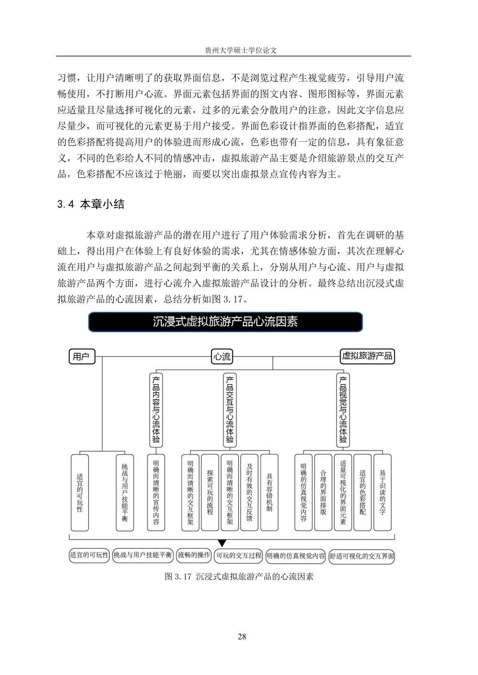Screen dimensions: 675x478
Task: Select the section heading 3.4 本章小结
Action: point(91,204)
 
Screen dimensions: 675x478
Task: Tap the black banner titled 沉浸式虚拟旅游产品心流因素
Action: point(225,322)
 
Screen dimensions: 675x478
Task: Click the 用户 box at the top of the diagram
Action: point(82,357)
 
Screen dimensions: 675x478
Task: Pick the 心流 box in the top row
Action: point(222,357)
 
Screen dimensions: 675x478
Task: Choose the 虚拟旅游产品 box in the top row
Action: point(367,356)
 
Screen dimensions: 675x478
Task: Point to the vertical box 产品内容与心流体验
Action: point(156,409)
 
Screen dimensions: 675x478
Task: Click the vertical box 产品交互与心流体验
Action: point(230,409)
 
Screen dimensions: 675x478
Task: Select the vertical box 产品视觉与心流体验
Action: point(343,409)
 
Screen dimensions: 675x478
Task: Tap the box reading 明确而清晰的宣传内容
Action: point(156,492)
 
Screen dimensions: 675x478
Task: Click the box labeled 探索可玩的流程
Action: point(210,492)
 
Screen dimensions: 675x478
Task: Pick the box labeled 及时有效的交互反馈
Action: point(249,492)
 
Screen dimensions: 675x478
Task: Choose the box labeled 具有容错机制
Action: point(269,492)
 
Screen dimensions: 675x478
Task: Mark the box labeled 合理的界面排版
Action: point(323,492)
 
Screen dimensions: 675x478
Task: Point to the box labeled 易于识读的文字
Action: point(382,492)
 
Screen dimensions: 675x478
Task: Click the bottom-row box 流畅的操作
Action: point(194,555)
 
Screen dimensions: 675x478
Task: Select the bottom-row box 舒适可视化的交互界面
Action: point(362,556)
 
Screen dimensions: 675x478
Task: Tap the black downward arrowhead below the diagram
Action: point(221,543)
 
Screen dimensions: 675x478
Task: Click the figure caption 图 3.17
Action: point(239,576)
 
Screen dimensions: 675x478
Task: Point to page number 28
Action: point(241,636)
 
